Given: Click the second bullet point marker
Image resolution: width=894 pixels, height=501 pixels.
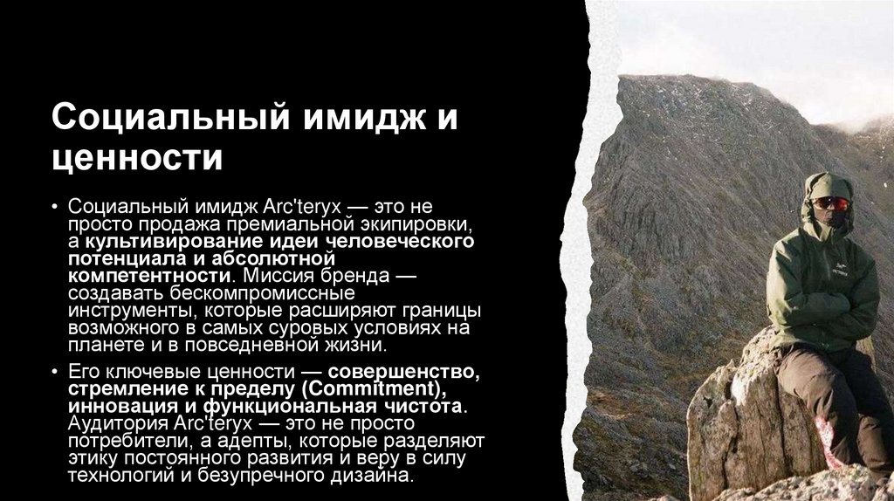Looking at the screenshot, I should (x=56, y=370).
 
